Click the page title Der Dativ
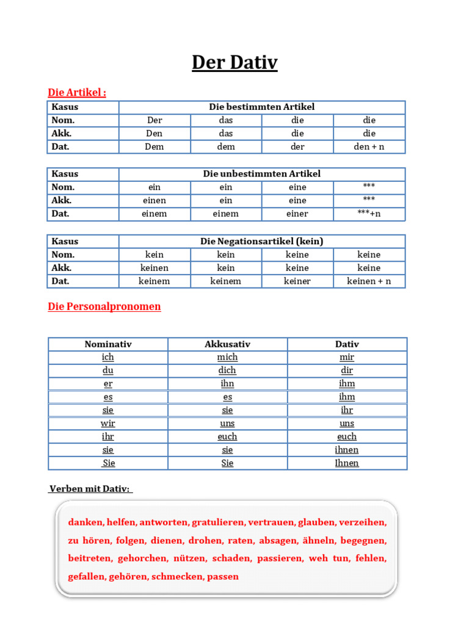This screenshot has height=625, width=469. [x=234, y=62]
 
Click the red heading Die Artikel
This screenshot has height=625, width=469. [x=77, y=92]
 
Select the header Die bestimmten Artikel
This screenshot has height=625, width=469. [x=261, y=107]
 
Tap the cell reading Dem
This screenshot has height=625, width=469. [x=155, y=146]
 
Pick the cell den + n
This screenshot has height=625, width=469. [x=369, y=146]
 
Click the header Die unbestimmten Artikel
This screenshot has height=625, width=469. [x=261, y=174]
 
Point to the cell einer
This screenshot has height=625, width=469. [x=297, y=214]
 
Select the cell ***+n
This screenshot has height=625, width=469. [x=369, y=214]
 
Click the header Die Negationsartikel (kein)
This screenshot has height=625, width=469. [x=261, y=241]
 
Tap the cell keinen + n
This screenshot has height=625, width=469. [x=369, y=281]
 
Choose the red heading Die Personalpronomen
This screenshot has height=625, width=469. [x=104, y=306]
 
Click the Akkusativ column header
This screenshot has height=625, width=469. [x=227, y=344]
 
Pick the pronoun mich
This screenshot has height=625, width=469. [x=227, y=357]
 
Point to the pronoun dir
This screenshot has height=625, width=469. [x=347, y=370]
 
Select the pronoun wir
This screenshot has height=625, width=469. [x=107, y=423]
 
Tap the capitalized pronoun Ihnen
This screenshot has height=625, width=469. [x=347, y=463]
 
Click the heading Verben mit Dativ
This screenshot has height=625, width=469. [x=90, y=489]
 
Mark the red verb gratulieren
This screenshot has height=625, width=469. [x=218, y=522]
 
